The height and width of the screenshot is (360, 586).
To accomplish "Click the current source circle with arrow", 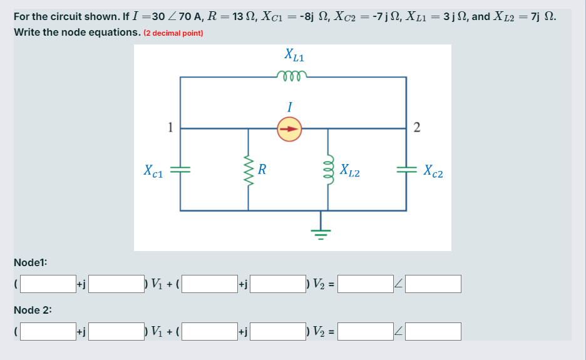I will [x=289, y=129].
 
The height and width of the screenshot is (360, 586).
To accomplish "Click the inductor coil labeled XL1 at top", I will [x=290, y=76].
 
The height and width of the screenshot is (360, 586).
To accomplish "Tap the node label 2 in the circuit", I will [x=418, y=128].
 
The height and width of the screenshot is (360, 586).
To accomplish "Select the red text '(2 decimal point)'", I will [x=173, y=33].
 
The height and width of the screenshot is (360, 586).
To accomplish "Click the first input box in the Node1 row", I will [x=48, y=284].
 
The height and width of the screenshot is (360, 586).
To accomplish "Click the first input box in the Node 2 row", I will [x=48, y=331].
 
